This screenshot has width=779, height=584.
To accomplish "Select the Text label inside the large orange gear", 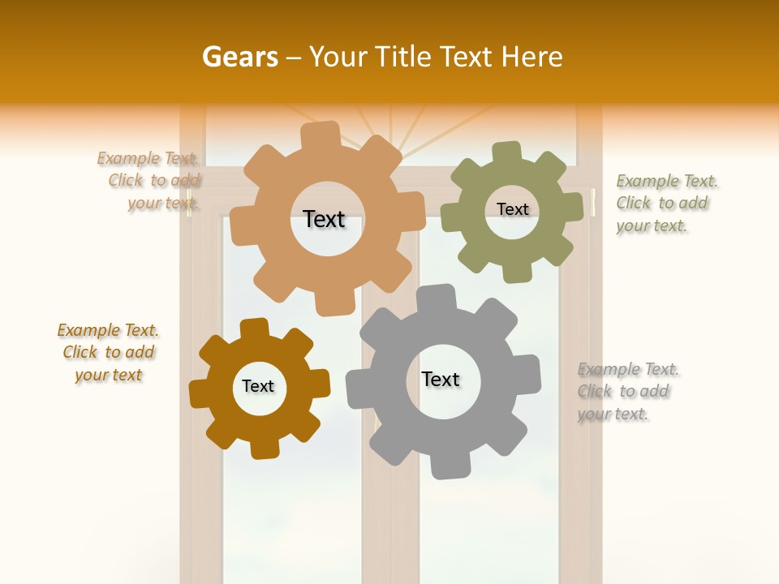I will pos(324,219).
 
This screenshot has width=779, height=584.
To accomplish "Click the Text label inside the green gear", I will pos(512,209).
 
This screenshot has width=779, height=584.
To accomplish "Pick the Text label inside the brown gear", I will pos(258,386).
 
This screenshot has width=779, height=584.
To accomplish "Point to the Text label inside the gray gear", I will pos(441,379).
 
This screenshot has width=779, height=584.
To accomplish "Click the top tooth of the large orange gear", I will pos(321,135).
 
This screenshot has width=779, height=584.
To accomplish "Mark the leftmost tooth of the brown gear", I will pos(200,393).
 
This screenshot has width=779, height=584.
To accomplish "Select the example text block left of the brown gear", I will pos(108,352).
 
